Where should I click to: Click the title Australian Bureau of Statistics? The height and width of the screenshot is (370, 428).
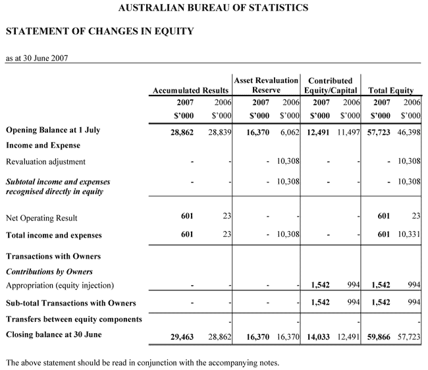(x=213, y=9)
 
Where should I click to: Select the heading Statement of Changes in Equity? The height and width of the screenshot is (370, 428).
(x=99, y=31)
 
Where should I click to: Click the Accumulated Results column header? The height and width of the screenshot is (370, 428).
(x=190, y=90)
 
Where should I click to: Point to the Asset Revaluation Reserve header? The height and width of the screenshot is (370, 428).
(x=266, y=85)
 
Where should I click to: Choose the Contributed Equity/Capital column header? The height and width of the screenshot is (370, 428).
(x=331, y=85)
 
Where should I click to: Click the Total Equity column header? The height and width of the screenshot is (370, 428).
(x=391, y=90)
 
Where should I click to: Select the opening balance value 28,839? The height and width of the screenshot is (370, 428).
(x=218, y=132)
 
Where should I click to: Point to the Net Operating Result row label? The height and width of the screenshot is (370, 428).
(x=42, y=217)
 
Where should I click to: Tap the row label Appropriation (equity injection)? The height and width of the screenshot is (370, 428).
(x=60, y=285)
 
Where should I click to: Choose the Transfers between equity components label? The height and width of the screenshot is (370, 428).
(x=74, y=319)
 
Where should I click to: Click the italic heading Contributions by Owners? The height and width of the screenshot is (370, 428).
(x=49, y=271)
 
